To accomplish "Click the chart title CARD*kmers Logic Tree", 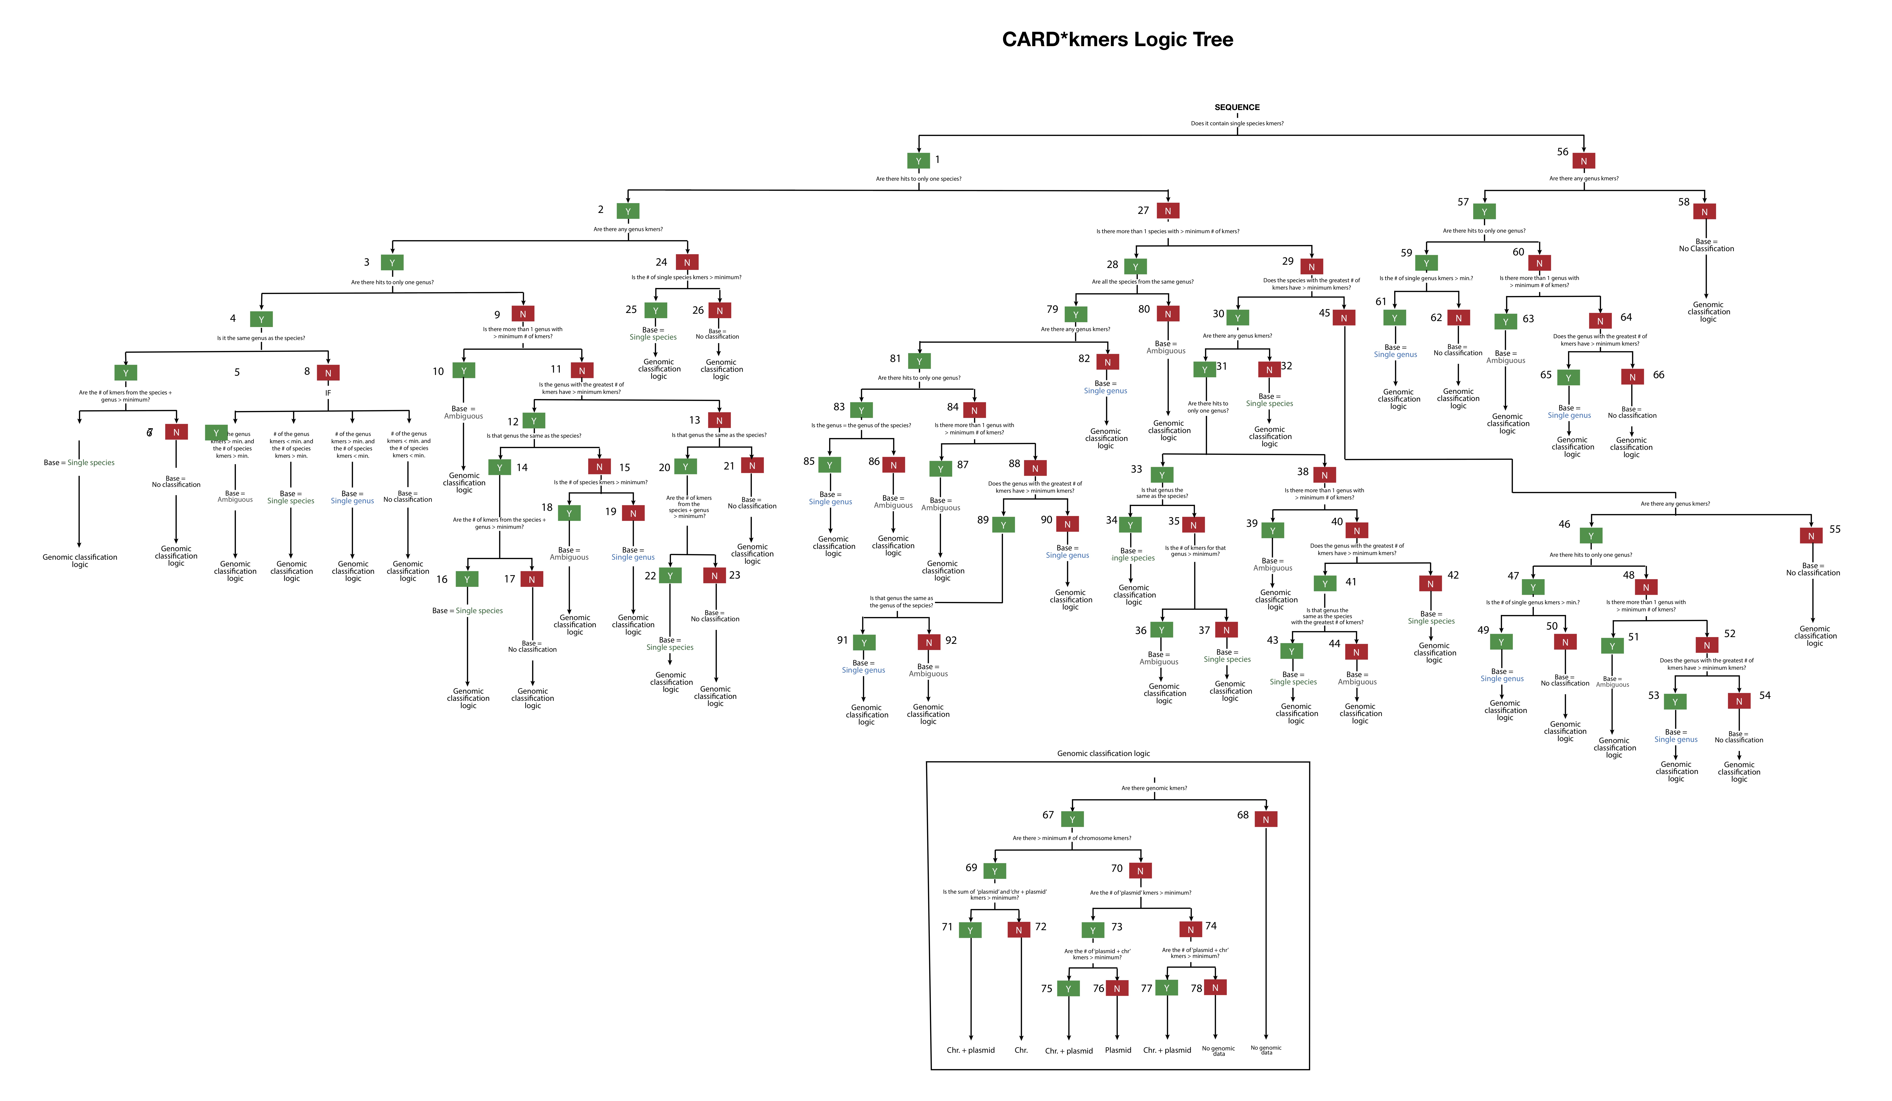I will click(1117, 40).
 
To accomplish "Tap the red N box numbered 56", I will click(1583, 161).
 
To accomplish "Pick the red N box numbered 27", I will click(1168, 212).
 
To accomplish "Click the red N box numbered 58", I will click(1704, 212).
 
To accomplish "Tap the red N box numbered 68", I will click(1266, 820).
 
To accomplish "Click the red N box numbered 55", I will click(1811, 536).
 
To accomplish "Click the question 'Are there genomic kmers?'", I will click(1154, 788).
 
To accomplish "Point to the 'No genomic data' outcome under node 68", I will click(1266, 1050).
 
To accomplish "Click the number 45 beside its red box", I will click(1324, 313).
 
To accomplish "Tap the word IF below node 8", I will click(328, 392).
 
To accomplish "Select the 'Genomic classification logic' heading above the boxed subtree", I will click(1103, 753).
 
